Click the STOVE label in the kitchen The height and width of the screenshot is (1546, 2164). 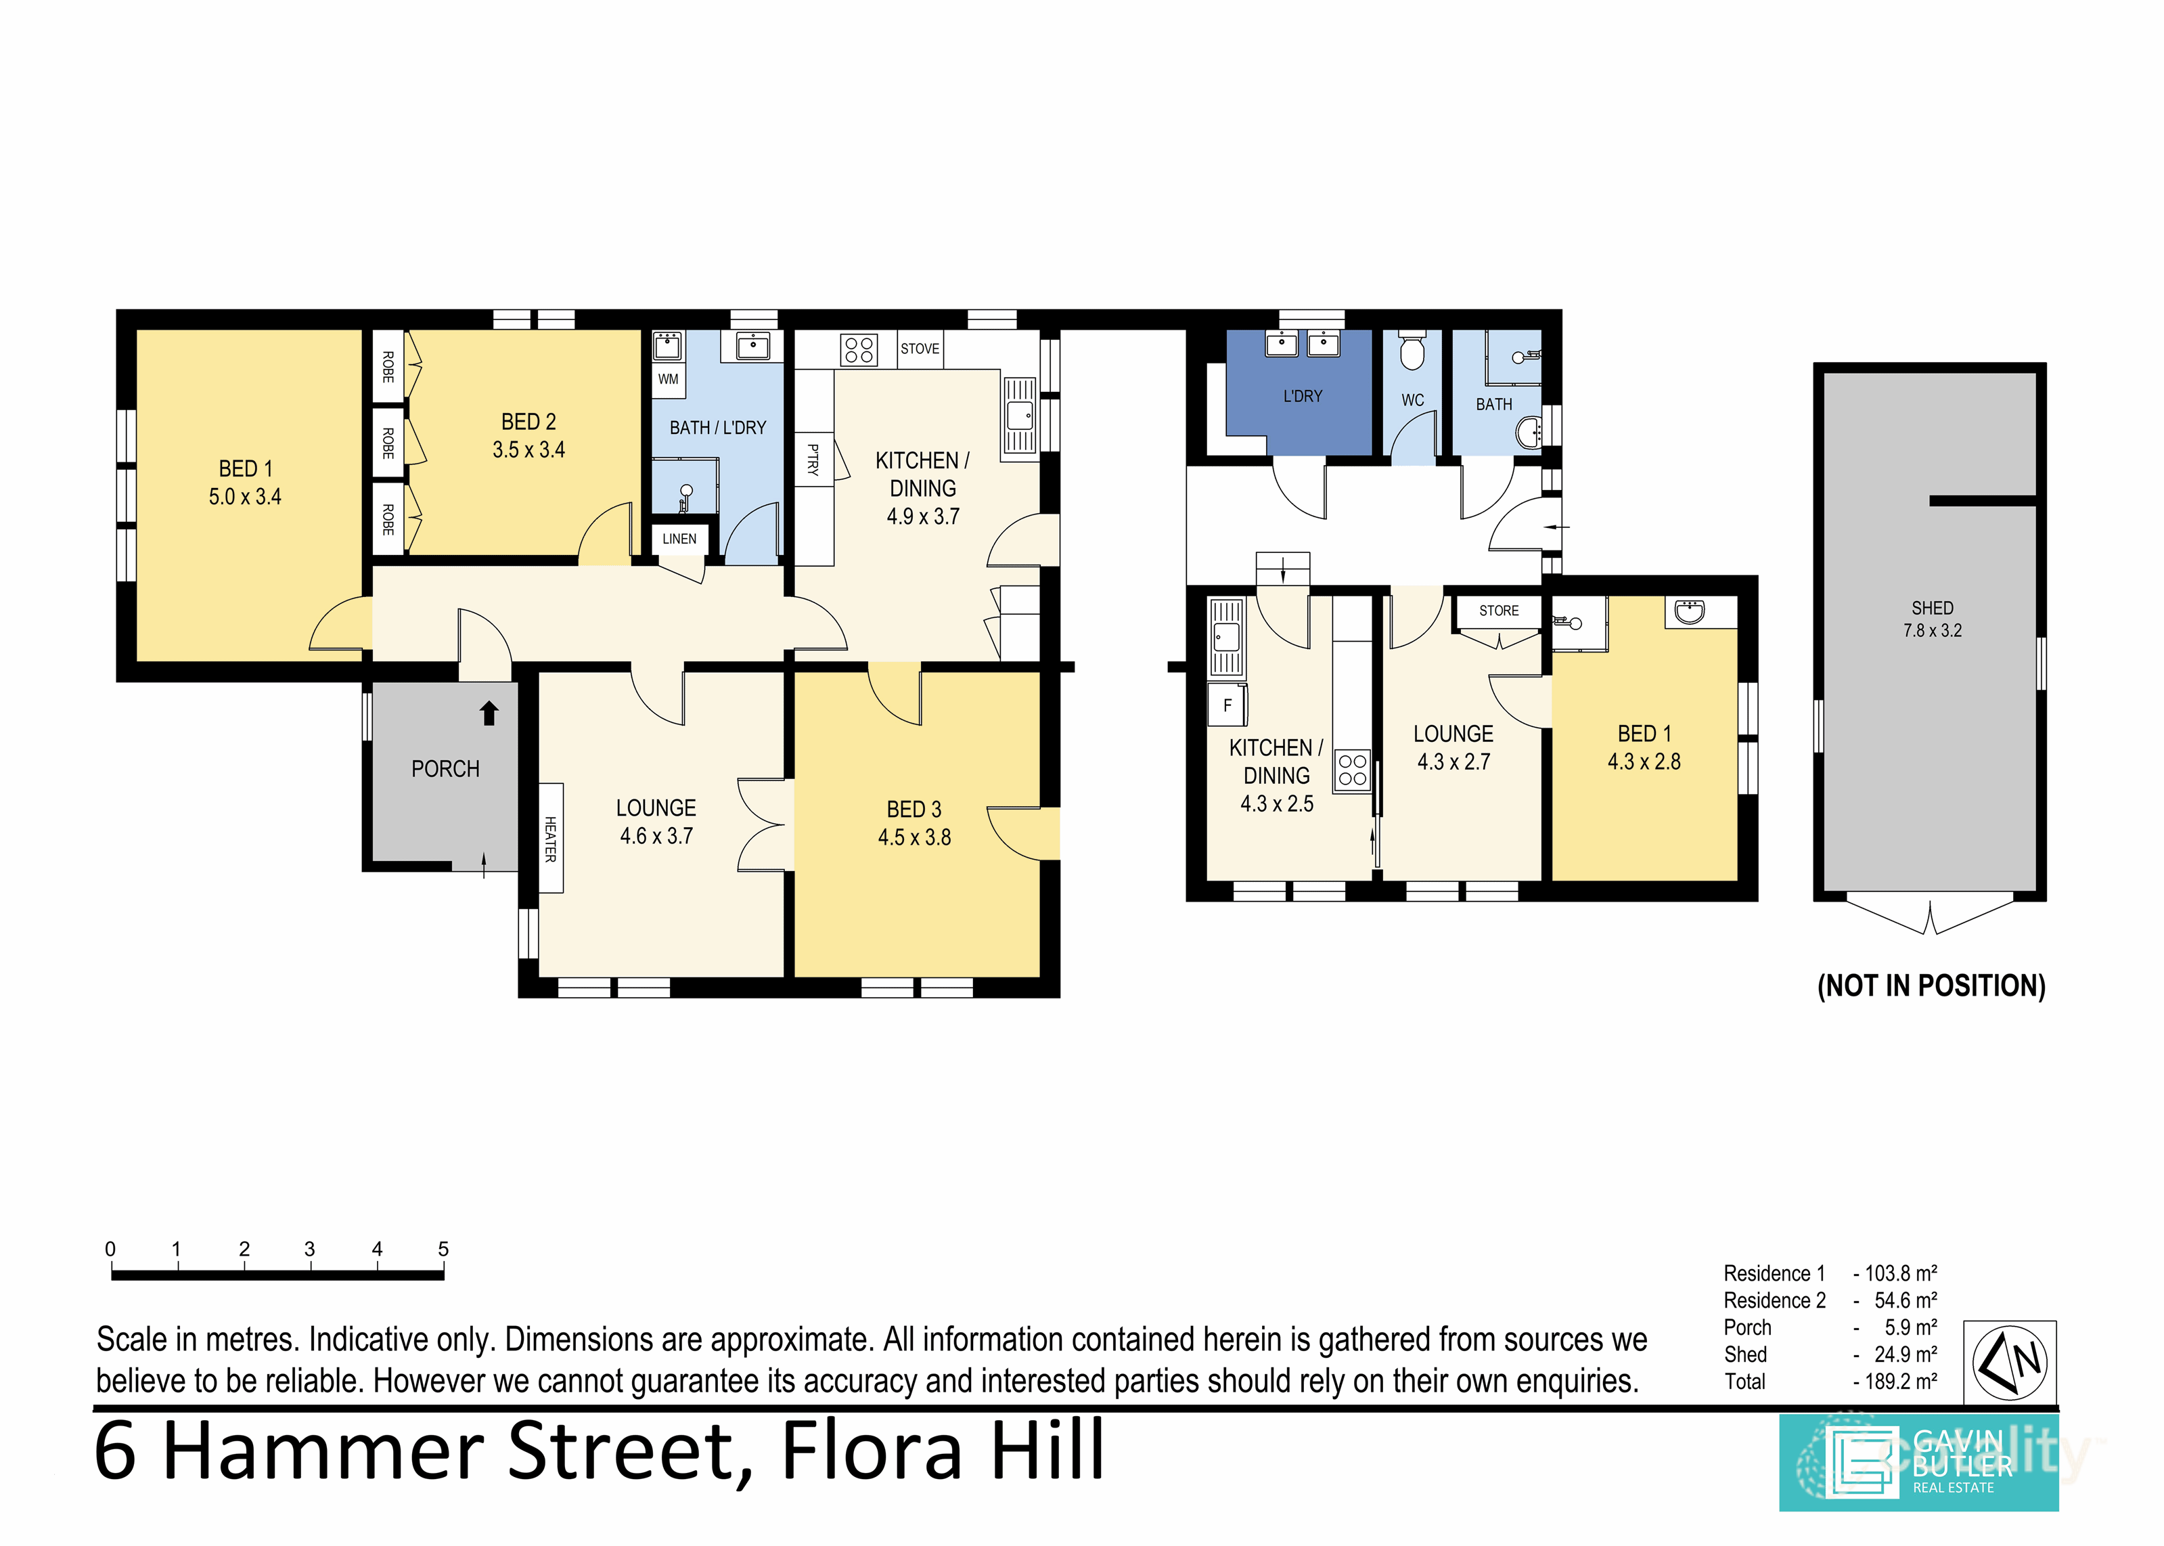(x=920, y=349)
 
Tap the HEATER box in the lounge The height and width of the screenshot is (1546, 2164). (x=550, y=838)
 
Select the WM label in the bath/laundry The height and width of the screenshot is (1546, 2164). (x=668, y=379)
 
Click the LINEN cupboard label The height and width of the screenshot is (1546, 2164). (x=679, y=539)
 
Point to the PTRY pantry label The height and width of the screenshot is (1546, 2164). (x=813, y=459)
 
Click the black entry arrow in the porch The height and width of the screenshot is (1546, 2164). (x=489, y=713)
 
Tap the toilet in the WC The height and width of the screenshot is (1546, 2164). (x=1412, y=351)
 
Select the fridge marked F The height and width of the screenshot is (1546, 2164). (x=1227, y=705)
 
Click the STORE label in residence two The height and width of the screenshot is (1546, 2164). (x=1498, y=611)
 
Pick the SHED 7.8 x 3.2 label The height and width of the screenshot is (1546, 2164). (x=1932, y=619)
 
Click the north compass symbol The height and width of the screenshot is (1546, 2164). (x=2009, y=1361)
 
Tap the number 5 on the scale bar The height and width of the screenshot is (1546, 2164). (x=443, y=1249)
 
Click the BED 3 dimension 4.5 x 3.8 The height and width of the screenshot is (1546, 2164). (x=914, y=838)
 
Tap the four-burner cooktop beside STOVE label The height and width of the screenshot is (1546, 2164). (x=859, y=349)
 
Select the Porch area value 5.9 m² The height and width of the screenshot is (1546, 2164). (x=1910, y=1327)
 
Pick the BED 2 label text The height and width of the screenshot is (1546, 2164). (x=528, y=422)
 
